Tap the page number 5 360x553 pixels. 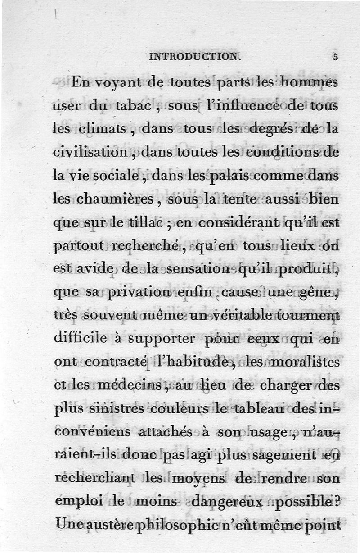pyautogui.click(x=335, y=57)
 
